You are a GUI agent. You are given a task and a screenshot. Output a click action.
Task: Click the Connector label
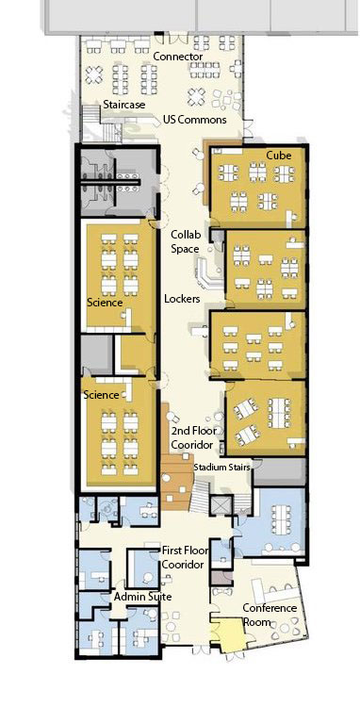(178, 57)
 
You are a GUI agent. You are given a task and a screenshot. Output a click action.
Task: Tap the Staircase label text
(123, 105)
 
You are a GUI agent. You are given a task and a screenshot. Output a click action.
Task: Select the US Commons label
(195, 120)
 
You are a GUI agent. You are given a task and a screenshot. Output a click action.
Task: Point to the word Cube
(278, 156)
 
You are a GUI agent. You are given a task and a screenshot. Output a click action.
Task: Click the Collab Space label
(185, 242)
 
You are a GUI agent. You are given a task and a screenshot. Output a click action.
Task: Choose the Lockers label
(182, 299)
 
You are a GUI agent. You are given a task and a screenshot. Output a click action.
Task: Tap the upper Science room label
(105, 302)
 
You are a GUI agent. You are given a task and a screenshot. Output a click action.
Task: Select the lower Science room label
(101, 395)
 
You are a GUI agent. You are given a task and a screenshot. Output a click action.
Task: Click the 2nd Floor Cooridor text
(194, 437)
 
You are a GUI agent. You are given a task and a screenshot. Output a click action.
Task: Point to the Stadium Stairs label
(221, 468)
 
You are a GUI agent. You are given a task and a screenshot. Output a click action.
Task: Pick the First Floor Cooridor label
(185, 558)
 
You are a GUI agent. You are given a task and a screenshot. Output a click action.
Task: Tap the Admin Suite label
(142, 597)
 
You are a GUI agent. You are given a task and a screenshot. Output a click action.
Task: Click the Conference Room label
(270, 615)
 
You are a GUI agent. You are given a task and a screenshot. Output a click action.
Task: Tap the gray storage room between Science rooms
(96, 355)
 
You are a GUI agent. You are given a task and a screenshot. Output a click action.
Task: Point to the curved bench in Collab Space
(205, 272)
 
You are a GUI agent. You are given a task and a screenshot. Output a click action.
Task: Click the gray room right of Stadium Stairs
(279, 472)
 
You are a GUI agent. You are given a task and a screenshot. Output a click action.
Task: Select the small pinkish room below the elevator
(222, 577)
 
